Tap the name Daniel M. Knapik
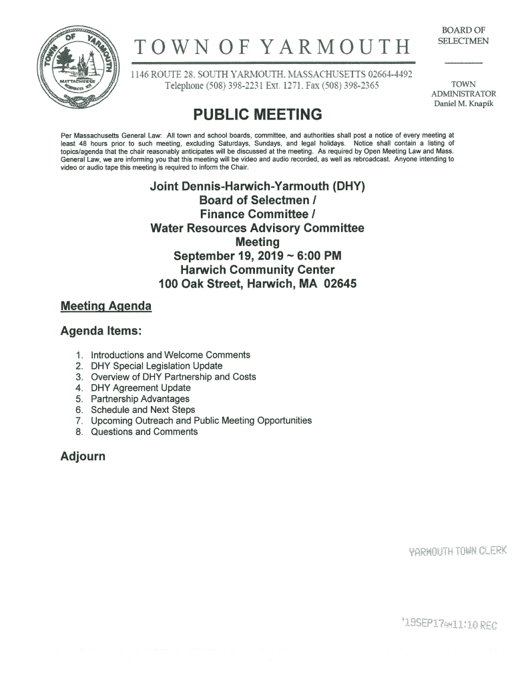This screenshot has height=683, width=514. pos(464,104)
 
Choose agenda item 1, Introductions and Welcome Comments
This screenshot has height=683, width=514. pos(170,355)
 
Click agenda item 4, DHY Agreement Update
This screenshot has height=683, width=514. pos(140,388)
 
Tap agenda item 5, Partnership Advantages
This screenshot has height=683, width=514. pos(140,399)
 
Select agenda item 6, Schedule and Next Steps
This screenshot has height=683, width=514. pos(143,410)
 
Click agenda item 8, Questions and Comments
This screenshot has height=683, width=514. pos(144,432)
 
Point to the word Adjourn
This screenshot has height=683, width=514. pos(83,458)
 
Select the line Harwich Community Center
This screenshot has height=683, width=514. pos(257,270)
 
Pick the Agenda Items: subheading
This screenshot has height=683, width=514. pos(100,331)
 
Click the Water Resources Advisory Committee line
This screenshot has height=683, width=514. pos(257,228)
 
